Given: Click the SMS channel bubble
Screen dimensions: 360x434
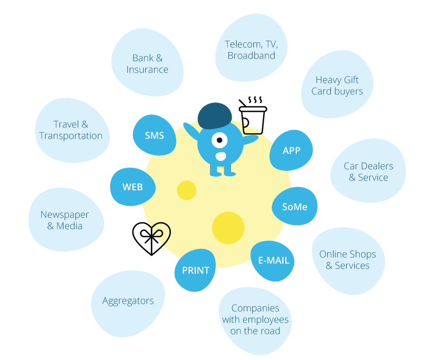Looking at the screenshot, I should [154, 136].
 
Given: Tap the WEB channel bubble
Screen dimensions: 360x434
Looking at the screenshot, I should [133, 187].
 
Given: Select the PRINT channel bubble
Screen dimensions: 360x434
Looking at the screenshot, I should [195, 270].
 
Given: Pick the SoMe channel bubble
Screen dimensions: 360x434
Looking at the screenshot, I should [295, 207].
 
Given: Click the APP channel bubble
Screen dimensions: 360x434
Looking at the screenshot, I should [291, 150].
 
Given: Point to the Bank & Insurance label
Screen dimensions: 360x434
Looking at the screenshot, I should [148, 63].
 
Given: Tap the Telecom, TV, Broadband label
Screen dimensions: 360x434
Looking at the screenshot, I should [251, 50].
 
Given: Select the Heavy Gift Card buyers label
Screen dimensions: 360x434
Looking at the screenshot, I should [337, 86].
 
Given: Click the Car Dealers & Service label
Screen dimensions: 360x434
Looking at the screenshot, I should [368, 171].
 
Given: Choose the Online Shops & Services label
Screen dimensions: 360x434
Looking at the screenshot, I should [347, 260].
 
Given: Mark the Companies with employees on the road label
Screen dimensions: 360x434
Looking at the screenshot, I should [255, 319].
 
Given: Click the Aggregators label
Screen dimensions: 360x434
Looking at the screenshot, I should [128, 301].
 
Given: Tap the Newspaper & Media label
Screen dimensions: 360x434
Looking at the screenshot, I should [65, 220].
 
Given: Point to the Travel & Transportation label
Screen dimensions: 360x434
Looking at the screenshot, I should [71, 130].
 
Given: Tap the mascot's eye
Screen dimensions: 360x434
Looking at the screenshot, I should [219, 140].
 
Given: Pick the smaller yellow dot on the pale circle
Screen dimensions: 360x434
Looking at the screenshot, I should [186, 190].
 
